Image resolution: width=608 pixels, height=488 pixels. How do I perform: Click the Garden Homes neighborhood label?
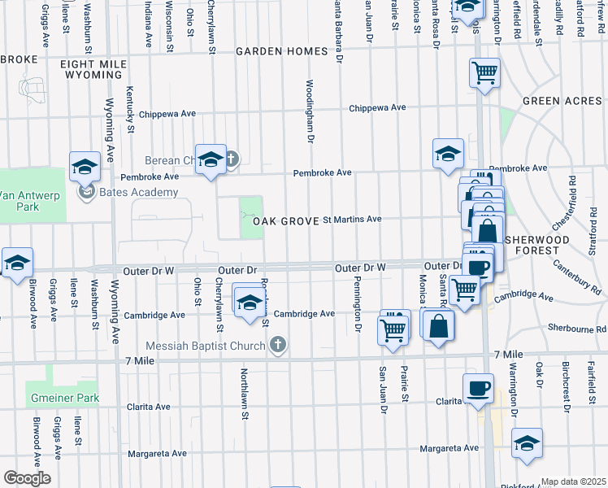point(281,51)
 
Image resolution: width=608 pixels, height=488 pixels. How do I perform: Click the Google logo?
point(26,478)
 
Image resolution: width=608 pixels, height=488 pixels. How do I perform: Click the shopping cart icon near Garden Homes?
point(484,73)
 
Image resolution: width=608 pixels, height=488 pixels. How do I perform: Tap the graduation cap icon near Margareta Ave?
point(527,443)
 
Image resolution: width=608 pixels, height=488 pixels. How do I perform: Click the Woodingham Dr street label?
point(310,111)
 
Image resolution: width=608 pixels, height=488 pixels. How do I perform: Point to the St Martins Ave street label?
point(352,220)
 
